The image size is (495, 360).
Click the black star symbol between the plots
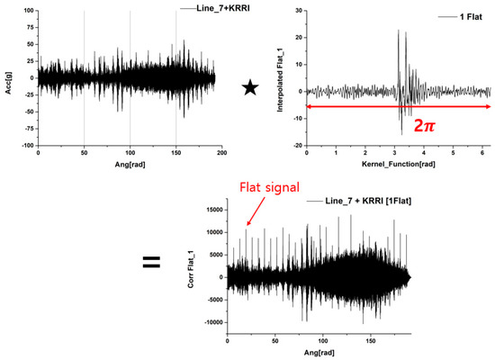pos(252,88)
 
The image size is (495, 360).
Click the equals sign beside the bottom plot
pos(151,263)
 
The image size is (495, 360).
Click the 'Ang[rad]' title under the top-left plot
pos(126,166)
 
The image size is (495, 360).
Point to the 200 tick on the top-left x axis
pos(220,154)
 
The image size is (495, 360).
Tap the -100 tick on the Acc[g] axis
pos(26,145)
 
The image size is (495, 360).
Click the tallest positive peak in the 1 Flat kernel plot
pos(398,31)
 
